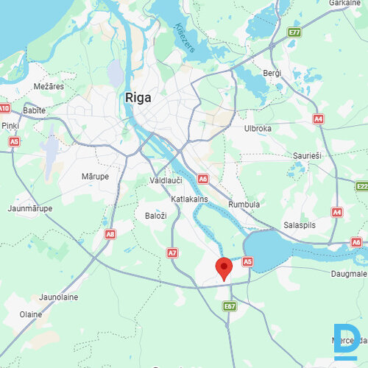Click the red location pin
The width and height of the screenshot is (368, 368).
coord(223,268)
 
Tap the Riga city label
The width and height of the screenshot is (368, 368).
coord(139,97)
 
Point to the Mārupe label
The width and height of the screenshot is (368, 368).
coord(95,177)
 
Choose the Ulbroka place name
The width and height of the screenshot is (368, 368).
coord(258,128)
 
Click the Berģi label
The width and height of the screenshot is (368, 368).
coord(273,73)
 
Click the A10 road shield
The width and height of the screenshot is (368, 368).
coord(5,108)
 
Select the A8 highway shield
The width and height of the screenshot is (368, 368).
coord(110,234)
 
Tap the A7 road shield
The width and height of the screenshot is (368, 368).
coord(172,252)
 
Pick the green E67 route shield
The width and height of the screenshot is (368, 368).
coord(230,305)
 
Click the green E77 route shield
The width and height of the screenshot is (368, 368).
coord(295,32)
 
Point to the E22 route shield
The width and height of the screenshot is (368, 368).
coord(361,186)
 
